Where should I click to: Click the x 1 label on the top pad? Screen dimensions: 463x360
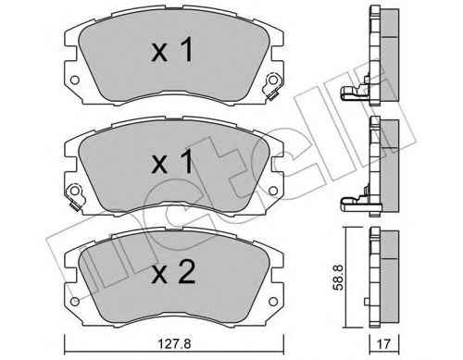(172, 49)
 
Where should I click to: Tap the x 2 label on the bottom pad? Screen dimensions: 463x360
(173, 272)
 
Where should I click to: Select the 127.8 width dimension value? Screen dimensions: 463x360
(175, 343)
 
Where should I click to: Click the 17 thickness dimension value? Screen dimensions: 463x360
(383, 344)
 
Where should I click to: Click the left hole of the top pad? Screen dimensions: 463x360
(75, 81)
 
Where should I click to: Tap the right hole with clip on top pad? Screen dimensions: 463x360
(273, 80)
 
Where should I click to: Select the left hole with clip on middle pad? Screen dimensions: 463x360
(75, 191)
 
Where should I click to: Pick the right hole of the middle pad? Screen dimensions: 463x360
(273, 191)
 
